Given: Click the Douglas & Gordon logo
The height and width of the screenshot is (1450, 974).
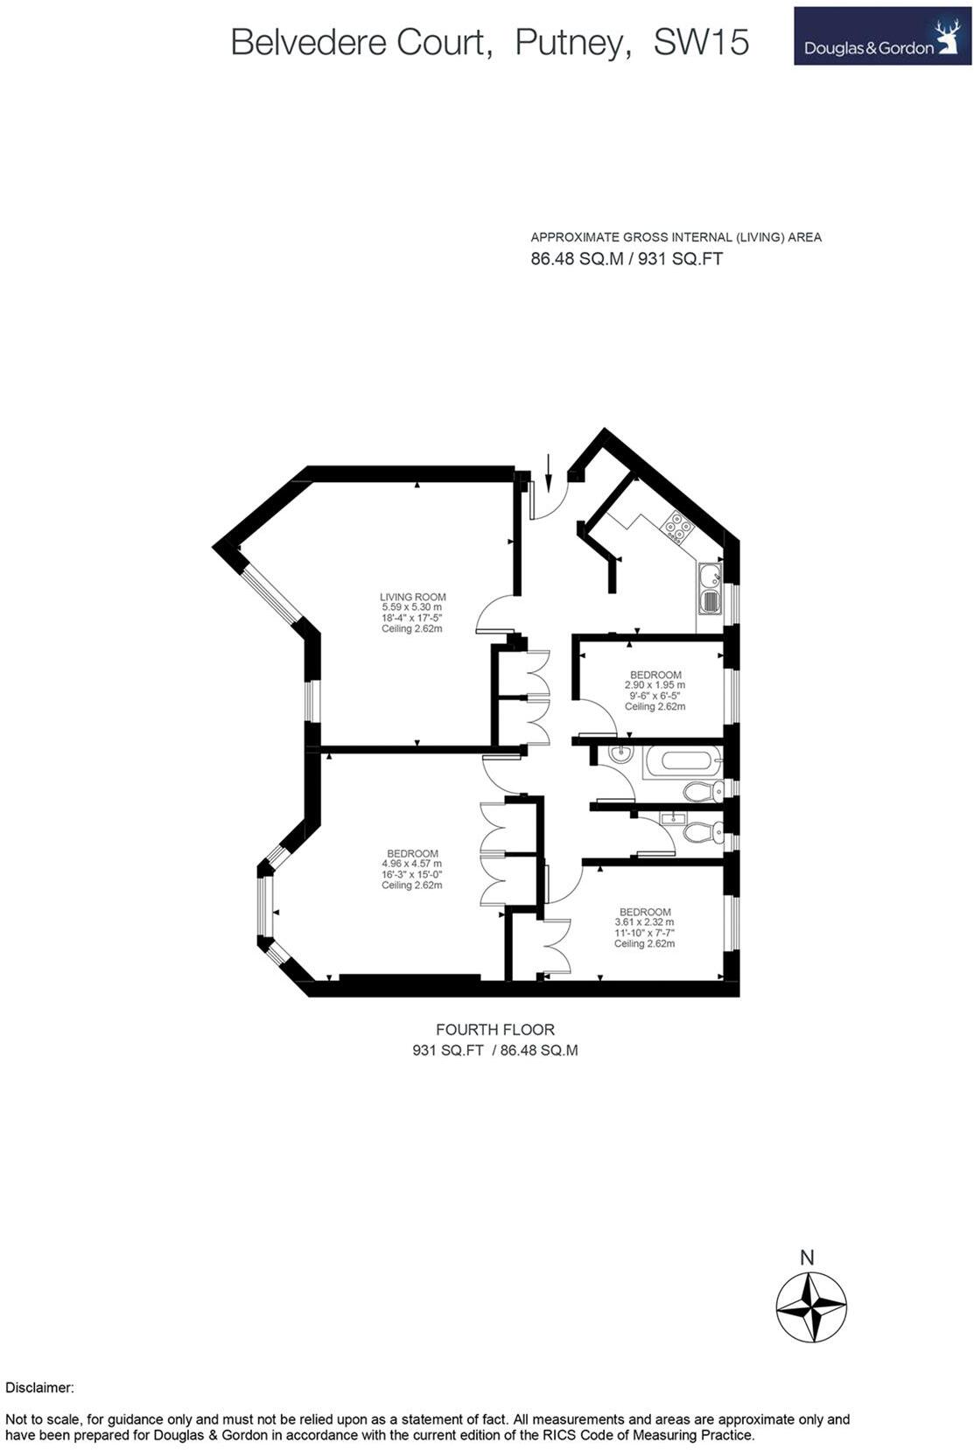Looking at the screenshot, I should tap(881, 37).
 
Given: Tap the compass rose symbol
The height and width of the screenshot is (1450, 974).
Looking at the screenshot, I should tap(811, 1307).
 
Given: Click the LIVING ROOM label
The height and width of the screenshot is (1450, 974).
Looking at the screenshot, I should tap(412, 597).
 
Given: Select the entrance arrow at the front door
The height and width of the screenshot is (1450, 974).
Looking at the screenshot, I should tap(549, 473).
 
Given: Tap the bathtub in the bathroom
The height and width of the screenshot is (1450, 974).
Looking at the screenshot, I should tap(683, 761).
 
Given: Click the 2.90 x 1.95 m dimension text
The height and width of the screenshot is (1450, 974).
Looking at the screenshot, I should tap(655, 685).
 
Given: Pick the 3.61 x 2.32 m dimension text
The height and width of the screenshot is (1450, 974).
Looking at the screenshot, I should tap(644, 922).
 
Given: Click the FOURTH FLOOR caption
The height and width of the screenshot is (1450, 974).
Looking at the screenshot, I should tap(494, 1030).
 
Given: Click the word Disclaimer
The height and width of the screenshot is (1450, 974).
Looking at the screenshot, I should tap(39, 1388).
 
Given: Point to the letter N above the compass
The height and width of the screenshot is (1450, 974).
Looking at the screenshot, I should tap(807, 1257).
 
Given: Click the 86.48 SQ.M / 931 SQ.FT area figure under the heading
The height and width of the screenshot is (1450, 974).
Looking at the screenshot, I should tap(627, 259).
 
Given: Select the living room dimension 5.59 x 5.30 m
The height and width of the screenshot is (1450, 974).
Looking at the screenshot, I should tap(411, 607).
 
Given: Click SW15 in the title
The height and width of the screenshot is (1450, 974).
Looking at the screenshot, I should tap(701, 42).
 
